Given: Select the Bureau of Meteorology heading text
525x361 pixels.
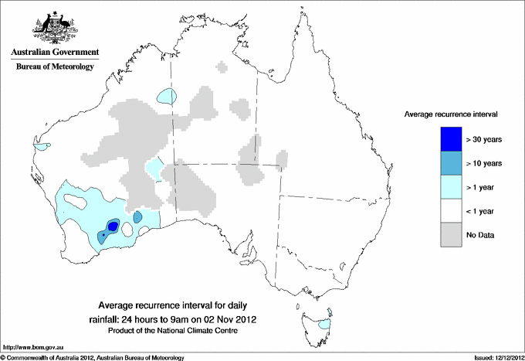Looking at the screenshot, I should pyautogui.click(x=54, y=67).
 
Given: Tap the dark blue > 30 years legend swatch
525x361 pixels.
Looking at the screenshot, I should pyautogui.click(x=452, y=139).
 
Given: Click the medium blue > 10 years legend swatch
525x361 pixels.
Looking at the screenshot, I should pyautogui.click(x=452, y=163).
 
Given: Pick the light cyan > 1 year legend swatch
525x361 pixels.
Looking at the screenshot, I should pyautogui.click(x=452, y=186).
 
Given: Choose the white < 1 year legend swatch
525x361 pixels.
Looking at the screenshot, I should pyautogui.click(x=452, y=210).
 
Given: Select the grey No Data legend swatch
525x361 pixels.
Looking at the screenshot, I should pyautogui.click(x=452, y=234).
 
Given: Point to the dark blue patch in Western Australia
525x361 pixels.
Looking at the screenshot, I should pyautogui.click(x=113, y=226).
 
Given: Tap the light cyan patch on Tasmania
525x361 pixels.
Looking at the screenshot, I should pyautogui.click(x=325, y=324).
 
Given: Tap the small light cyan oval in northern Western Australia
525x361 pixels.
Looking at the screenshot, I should pyautogui.click(x=167, y=97).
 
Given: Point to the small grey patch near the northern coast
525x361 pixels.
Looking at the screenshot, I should pyautogui.click(x=223, y=67).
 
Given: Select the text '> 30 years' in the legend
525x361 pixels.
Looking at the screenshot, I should pyautogui.click(x=485, y=139).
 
